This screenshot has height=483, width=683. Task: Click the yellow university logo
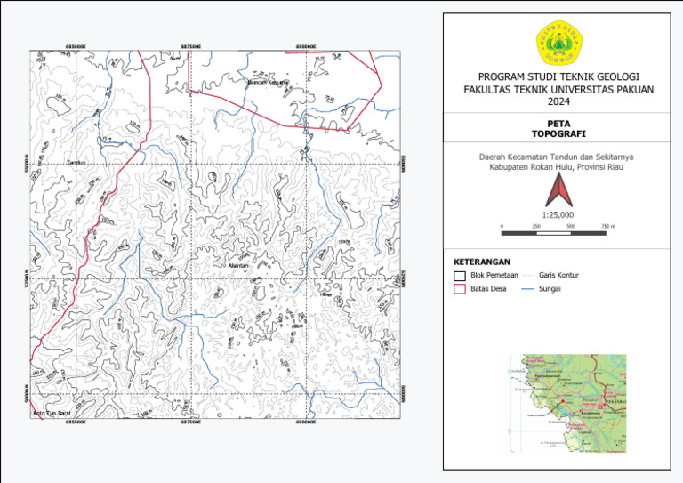558,44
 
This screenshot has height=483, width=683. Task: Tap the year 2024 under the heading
558,101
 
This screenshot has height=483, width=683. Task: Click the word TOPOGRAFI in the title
558,133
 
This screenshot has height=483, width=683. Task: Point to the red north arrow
558,189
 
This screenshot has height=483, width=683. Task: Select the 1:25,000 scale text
558,214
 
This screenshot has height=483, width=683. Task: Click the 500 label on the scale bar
571,227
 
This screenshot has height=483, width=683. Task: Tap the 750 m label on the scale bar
608,227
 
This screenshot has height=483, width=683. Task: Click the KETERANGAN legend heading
482,262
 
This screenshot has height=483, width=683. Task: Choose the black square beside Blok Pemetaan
460,277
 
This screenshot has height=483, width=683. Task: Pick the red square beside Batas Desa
460,289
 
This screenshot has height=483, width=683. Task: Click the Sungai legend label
550,289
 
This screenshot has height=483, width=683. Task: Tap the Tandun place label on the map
76,163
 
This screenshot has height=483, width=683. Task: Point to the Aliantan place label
239,265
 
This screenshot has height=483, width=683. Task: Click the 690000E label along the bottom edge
307,423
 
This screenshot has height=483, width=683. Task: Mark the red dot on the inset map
562,401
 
